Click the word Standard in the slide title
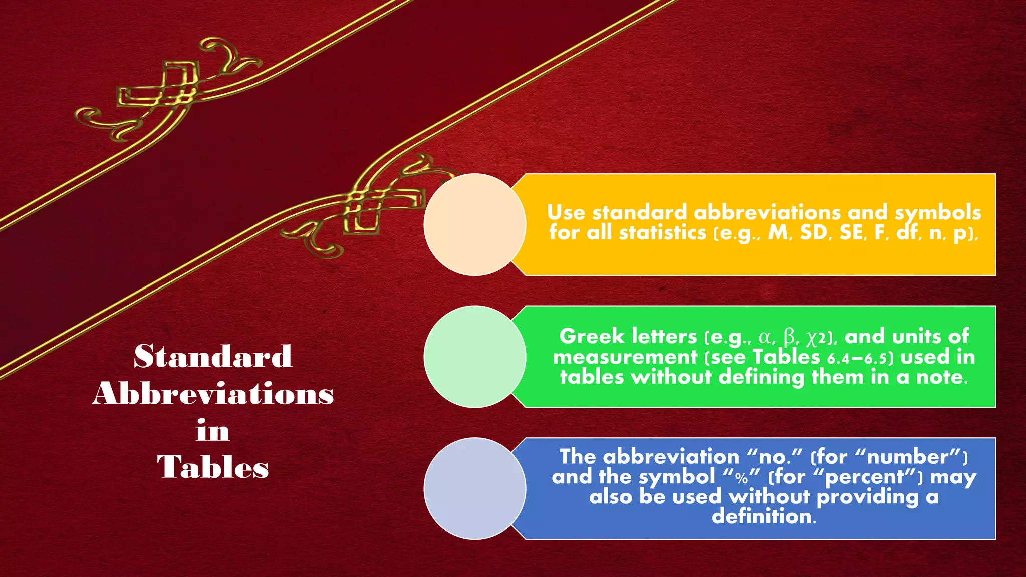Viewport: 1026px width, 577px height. click(213, 356)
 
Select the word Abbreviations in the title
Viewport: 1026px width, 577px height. click(213, 394)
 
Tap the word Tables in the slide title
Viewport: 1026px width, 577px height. click(213, 467)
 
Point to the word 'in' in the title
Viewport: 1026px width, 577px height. click(213, 431)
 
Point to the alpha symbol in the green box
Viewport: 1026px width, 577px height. click(765, 337)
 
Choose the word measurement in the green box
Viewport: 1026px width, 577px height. click(625, 357)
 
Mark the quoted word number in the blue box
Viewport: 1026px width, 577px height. click(908, 457)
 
